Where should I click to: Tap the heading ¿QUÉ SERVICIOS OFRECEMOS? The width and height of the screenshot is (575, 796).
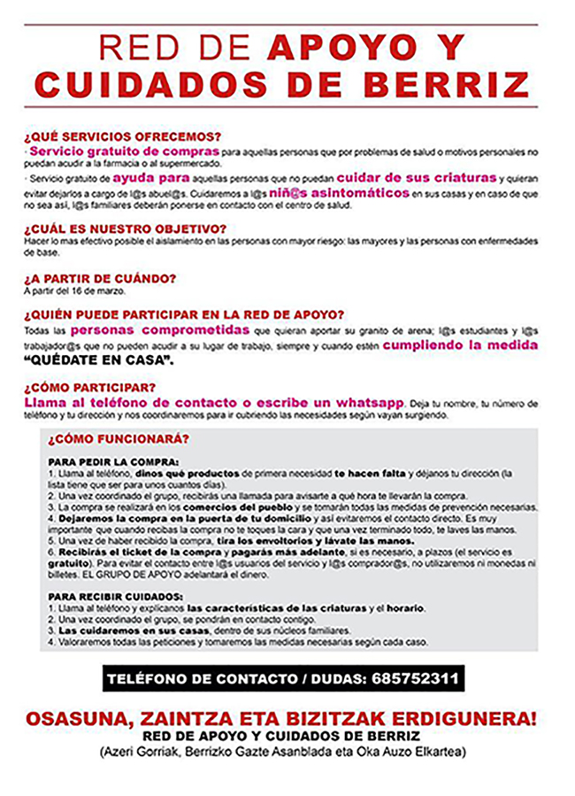click(x=122, y=137)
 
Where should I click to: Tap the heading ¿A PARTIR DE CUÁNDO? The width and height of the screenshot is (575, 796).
click(x=100, y=278)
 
